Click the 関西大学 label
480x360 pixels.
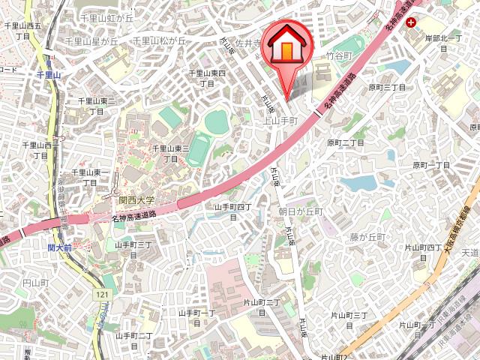[x=136, y=200]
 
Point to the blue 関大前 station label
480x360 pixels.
[x=59, y=246]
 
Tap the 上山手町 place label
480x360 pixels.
[x=281, y=120]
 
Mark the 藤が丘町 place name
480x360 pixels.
[x=367, y=237]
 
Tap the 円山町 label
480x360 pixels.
[x=35, y=283]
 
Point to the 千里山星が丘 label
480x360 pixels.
[x=91, y=41]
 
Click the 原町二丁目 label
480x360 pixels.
[x=345, y=142]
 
